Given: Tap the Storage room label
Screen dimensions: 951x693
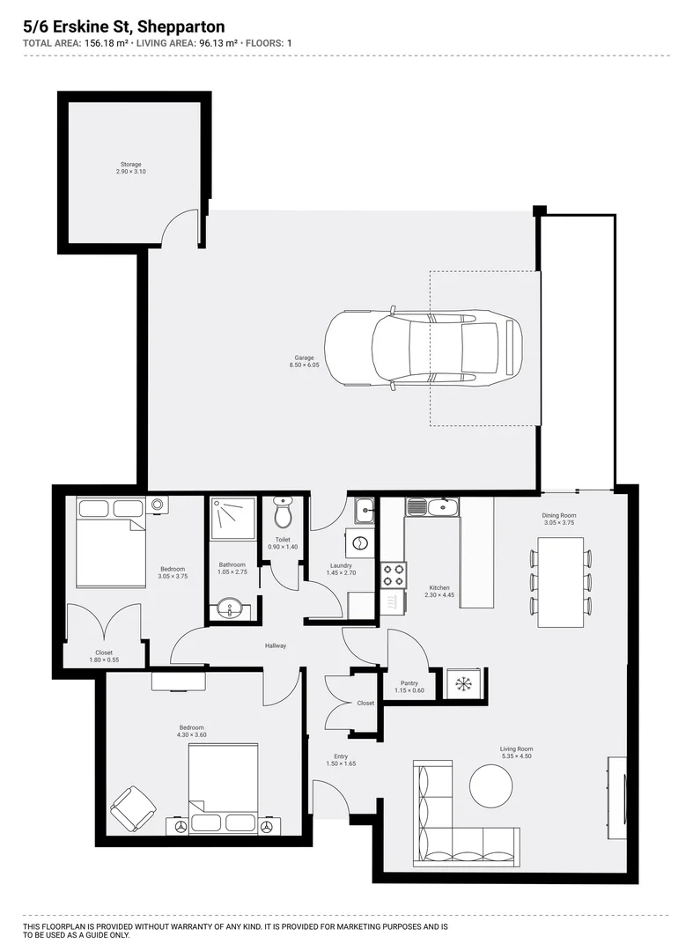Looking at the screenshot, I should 130,165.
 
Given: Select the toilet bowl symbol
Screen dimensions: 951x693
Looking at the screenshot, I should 283,513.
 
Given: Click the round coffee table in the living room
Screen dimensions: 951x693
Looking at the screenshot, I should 490,784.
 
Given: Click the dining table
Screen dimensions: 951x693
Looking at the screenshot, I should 561,580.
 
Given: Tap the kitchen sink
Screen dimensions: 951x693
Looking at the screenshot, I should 432,507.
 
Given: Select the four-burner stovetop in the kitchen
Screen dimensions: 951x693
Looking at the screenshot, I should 393,575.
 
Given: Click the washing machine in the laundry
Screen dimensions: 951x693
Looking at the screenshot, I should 361,542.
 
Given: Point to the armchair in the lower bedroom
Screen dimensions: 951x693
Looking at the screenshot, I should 133,808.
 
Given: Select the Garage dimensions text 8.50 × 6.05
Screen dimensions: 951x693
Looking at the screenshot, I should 304,365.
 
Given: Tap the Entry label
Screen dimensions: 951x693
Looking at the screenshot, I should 341,756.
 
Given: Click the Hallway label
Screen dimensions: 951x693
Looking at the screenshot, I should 276,646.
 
